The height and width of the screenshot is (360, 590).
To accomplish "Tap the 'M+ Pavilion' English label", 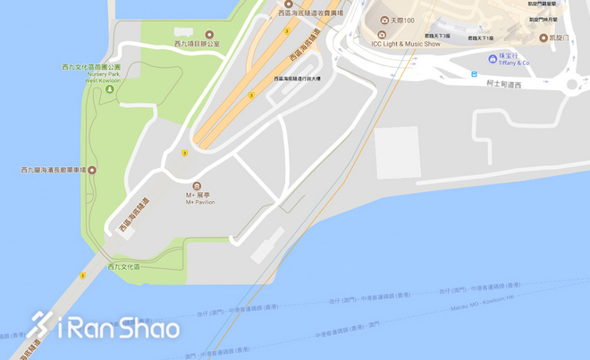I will pos(200,203).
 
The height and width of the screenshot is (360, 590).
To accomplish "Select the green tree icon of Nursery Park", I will pos(109,89).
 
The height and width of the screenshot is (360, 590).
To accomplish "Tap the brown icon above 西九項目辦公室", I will pos(209,35).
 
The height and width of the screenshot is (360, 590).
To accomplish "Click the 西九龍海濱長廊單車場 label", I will pos(52,170).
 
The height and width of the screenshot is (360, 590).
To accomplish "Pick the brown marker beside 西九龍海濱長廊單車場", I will pos(92,170).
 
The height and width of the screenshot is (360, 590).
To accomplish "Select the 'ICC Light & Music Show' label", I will pos(407,43).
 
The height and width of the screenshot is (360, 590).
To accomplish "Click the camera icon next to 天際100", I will pos(384,21).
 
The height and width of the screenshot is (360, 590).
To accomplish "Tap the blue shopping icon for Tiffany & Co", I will pos(493,58).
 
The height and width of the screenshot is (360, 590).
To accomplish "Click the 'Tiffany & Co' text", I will pos(514,63).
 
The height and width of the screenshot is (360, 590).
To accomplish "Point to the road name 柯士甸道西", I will pos(504,84).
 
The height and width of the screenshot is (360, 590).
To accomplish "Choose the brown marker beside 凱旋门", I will pos(544,38).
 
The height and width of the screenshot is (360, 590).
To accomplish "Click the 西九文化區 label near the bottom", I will pos(124,266).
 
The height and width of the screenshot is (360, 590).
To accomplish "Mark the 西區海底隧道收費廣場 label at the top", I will pos(310,13).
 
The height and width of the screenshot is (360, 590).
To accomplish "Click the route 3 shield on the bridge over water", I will pos(82,275).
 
